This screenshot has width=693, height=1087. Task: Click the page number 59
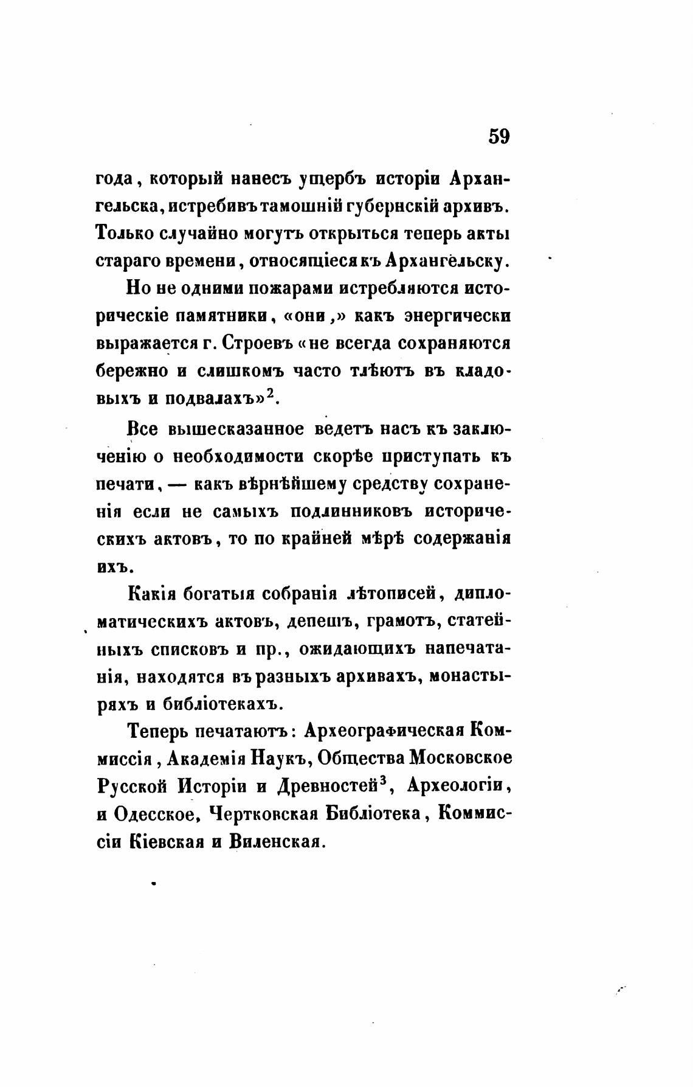click(498, 136)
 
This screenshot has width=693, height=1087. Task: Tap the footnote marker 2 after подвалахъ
click(272, 394)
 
